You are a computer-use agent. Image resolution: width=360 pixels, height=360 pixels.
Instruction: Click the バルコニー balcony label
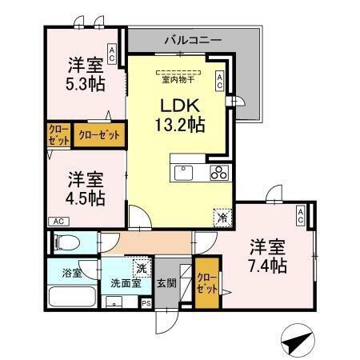click(x=195, y=38)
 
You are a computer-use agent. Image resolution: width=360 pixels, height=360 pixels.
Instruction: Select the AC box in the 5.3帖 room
click(x=112, y=55)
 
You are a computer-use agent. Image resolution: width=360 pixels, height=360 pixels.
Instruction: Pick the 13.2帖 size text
click(x=180, y=126)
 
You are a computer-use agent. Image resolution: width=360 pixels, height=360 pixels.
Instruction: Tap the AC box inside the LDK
click(x=219, y=78)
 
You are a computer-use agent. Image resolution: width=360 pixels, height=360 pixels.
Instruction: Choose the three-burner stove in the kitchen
click(x=219, y=174)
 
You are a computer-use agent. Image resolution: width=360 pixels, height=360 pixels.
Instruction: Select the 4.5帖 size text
click(x=85, y=198)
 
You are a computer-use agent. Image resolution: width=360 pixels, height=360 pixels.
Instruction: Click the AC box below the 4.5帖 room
click(x=58, y=221)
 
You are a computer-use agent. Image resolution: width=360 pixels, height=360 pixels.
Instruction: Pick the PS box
click(x=146, y=304)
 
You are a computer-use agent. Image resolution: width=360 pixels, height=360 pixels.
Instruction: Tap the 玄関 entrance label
click(x=166, y=282)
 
